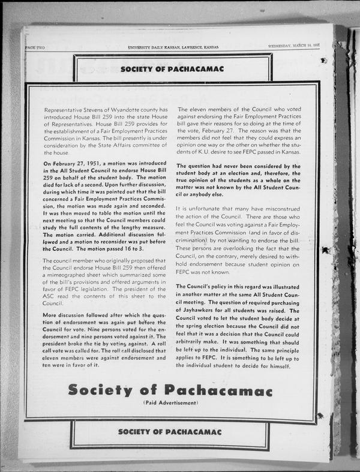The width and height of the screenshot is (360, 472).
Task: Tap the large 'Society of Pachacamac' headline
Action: pos(170,390)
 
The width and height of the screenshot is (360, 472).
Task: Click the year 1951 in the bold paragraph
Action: pos(95,163)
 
